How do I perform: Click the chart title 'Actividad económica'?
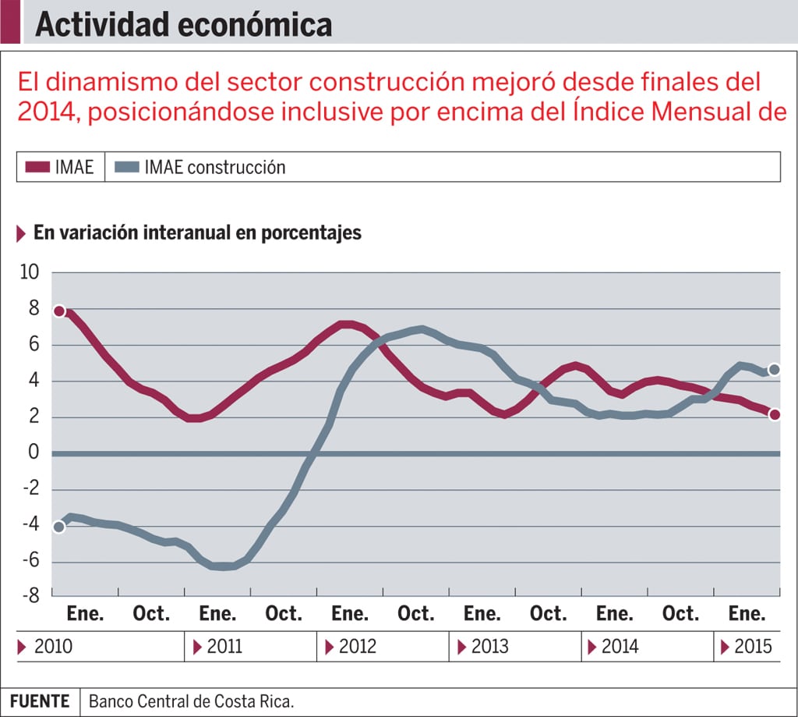(183, 24)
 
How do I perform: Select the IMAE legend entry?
(59, 167)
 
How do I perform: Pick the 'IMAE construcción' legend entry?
(200, 167)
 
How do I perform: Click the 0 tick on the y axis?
(34, 453)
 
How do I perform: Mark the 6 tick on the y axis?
(34, 345)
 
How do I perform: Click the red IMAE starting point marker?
(58, 311)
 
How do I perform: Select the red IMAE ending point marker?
(774, 415)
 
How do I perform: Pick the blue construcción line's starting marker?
(58, 527)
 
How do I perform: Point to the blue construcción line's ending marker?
(774, 369)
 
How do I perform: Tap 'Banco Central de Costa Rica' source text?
(191, 701)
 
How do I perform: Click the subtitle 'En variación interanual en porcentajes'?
(197, 232)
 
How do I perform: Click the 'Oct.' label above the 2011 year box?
(283, 614)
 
